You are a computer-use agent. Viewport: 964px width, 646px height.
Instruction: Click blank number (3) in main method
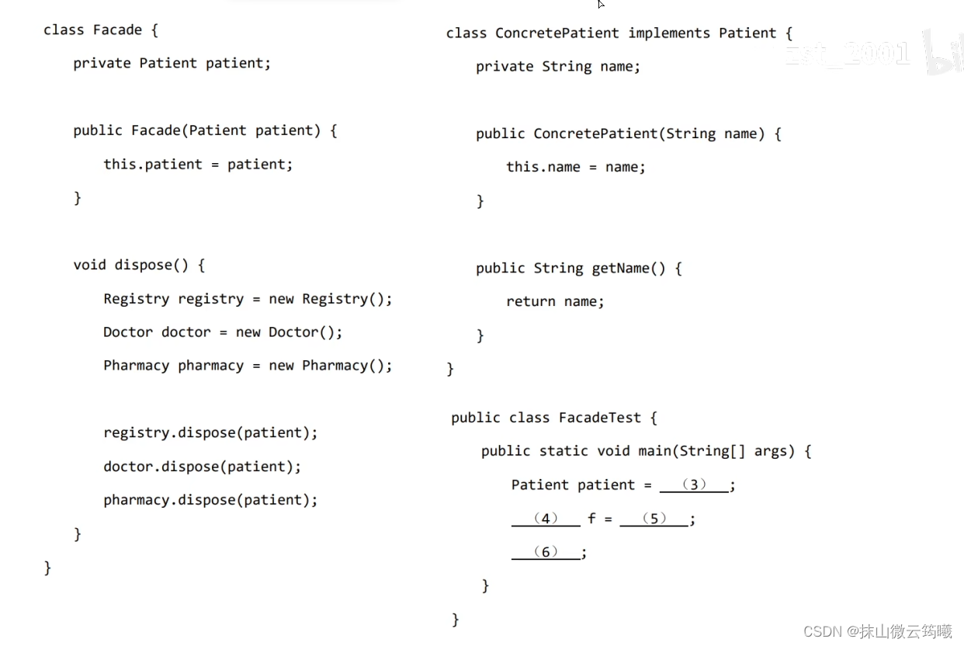(694, 485)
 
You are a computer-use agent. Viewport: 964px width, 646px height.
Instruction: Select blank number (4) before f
(546, 519)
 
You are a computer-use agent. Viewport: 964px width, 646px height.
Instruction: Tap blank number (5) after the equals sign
(654, 519)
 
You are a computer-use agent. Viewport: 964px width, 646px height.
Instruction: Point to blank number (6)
(546, 552)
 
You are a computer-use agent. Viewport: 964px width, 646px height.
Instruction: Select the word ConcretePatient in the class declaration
(557, 33)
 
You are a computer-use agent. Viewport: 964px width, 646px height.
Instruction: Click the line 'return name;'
(555, 302)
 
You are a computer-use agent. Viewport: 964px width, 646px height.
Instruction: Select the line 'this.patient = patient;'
(198, 165)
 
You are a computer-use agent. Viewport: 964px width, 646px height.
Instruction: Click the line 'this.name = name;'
(575, 168)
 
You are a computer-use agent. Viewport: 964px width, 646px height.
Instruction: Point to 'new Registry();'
(331, 299)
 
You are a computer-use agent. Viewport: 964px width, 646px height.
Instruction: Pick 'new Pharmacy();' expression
(331, 366)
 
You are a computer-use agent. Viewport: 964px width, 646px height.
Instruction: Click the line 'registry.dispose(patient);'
(210, 433)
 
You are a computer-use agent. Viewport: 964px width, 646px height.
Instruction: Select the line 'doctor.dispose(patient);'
(202, 467)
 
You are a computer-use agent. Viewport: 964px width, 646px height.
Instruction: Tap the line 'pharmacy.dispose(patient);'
(210, 500)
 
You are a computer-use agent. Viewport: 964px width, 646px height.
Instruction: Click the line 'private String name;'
(558, 67)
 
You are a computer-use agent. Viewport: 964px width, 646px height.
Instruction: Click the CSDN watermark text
(877, 631)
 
